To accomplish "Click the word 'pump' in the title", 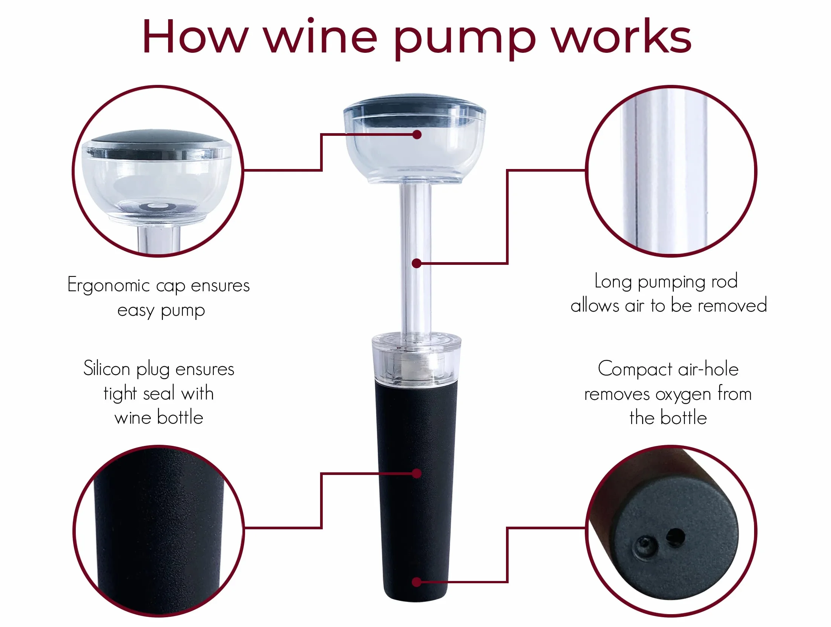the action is pos(465,39).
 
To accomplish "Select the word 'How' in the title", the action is pos(195,35).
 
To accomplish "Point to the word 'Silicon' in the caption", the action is pos(107,368).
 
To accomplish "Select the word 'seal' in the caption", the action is pos(159,393).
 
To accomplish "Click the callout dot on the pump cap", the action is pos(417,135).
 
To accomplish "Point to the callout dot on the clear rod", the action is pos(417,263).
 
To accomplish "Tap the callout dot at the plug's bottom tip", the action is pos(417,582).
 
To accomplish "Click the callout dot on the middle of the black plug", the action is pos(417,473).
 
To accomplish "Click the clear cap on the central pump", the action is pos(415,139).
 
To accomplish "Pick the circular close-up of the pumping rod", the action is pos(671,171).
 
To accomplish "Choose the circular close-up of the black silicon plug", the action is pos(158,531).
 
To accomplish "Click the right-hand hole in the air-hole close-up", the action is pos(675,536).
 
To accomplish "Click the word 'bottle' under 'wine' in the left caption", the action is pos(180,417).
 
